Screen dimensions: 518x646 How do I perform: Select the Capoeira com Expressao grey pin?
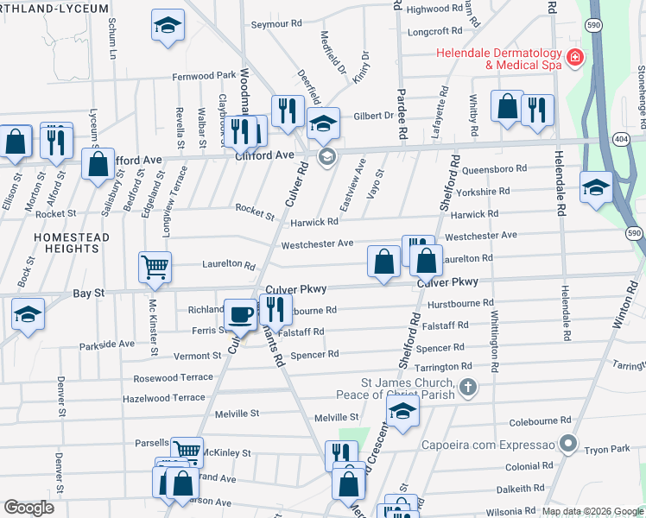click(567, 444)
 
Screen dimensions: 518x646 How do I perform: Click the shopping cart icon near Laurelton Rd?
click(155, 268)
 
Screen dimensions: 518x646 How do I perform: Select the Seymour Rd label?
click(276, 24)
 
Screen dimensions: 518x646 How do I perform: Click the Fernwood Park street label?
click(203, 75)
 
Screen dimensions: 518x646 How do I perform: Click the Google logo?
click(28, 507)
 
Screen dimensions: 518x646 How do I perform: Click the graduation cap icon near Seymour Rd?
click(168, 26)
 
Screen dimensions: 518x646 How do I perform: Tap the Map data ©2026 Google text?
click(591, 511)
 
